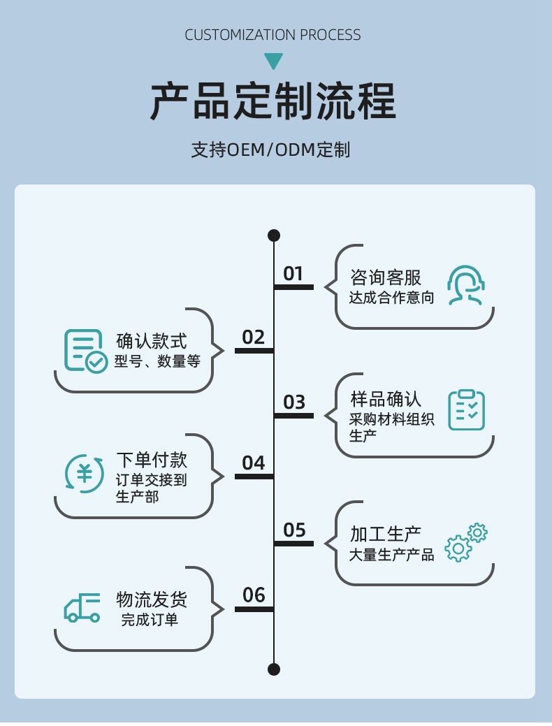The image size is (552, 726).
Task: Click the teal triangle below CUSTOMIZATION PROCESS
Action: (273, 61)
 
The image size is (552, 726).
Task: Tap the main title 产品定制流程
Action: (273, 102)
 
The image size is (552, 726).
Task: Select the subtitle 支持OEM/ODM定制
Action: (270, 150)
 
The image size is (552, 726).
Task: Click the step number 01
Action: (293, 274)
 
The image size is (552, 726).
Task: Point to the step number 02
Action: (254, 337)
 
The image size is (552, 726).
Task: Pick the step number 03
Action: (294, 402)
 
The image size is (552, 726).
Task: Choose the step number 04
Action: (254, 463)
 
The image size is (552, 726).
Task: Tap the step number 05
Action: (294, 530)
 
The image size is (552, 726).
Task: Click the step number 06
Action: (254, 595)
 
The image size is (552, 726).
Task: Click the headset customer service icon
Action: (466, 285)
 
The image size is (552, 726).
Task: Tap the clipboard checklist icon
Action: (466, 409)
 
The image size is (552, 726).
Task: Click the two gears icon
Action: (466, 542)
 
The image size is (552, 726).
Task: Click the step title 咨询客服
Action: (386, 277)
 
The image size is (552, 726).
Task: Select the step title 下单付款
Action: (152, 460)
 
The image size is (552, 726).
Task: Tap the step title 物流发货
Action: (152, 600)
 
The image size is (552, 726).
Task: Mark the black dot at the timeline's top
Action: (274, 235)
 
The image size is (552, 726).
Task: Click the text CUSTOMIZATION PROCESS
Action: (273, 35)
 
